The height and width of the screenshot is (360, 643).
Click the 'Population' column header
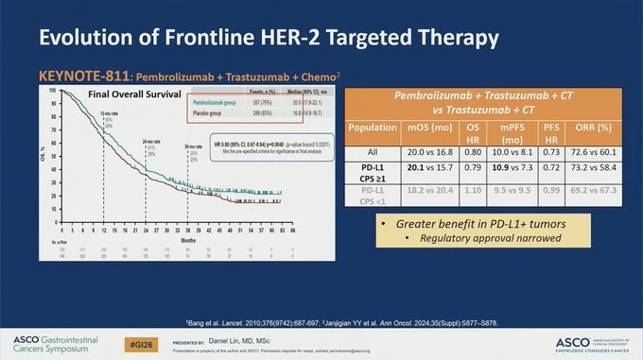(378, 126)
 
